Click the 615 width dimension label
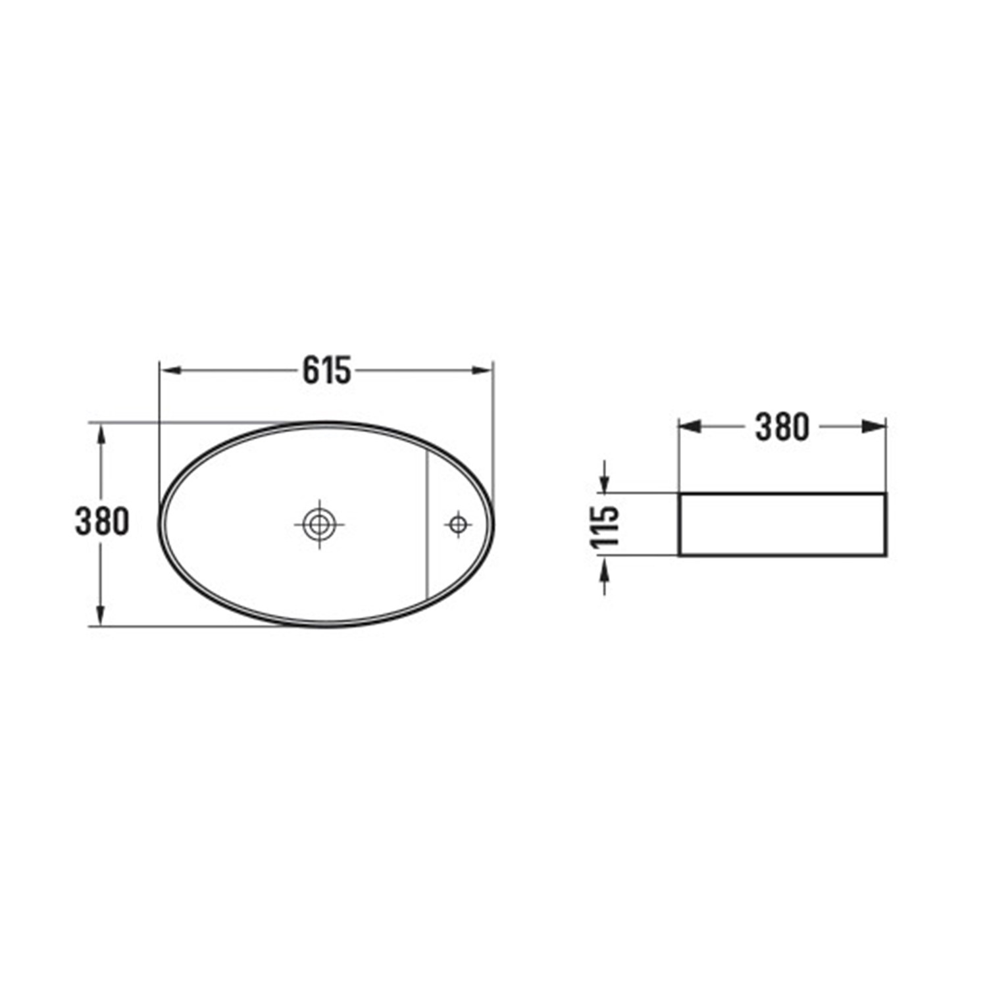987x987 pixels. click(x=327, y=370)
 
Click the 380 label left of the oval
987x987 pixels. click(x=102, y=522)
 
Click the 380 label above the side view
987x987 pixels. click(x=782, y=427)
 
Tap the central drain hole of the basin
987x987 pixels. click(x=319, y=524)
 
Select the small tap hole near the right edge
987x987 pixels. click(x=457, y=524)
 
